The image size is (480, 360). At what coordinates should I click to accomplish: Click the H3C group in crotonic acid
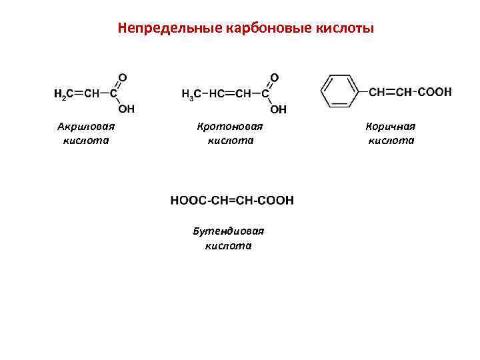coord(191,95)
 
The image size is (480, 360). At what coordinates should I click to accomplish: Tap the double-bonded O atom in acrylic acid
coord(123,77)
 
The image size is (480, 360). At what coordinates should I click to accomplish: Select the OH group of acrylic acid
coord(126,109)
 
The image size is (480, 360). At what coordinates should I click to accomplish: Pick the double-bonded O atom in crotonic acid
coord(275,77)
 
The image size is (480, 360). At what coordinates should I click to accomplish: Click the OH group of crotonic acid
coord(279,109)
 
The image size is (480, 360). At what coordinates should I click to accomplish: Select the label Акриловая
coord(86,126)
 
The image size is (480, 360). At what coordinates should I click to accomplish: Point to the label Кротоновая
coord(230,126)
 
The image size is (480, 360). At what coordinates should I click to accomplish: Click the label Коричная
coord(391,126)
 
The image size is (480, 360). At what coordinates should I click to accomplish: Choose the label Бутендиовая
coord(229,231)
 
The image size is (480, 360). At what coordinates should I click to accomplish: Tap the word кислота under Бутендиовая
coord(229,245)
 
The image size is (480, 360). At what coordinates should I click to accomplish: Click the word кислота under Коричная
coord(391,140)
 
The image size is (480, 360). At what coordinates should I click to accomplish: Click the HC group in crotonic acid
coord(217,95)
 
